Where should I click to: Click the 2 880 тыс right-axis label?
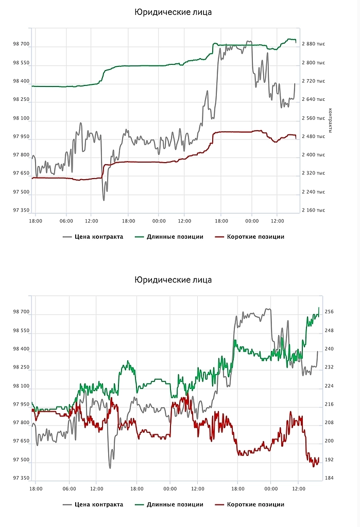pos(313,44)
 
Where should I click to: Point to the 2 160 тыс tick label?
pos(313,210)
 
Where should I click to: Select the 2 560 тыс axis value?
pos(313,118)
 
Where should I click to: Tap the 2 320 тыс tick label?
pos(313,173)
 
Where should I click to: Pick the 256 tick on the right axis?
pos(329,312)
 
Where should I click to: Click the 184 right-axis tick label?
pos(329,478)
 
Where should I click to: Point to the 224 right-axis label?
pos(329,385)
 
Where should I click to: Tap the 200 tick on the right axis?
pos(329,441)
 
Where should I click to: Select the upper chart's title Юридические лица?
pos(173,12)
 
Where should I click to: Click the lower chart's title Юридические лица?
pos(173,280)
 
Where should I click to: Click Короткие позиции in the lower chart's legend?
pos(255,504)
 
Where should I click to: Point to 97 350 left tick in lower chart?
pos(22,478)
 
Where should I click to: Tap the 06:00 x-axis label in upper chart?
pos(66,221)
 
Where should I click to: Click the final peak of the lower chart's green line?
pos(319,308)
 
